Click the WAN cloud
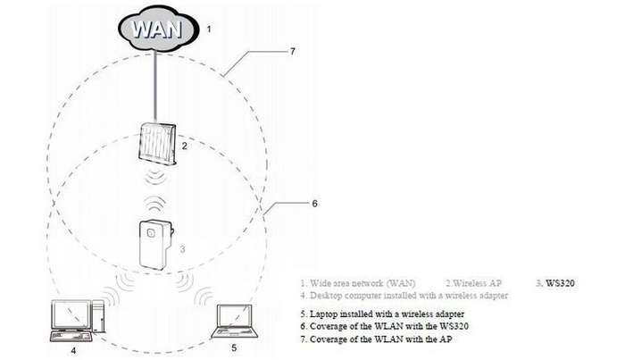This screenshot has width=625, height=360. (158, 29)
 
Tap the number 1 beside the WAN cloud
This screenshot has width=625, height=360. (208, 29)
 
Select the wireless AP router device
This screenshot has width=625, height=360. (157, 144)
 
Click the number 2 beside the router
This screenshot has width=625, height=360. (184, 146)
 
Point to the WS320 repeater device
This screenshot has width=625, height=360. (155, 245)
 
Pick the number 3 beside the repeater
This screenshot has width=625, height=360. (182, 249)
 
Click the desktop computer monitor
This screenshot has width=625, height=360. (71, 315)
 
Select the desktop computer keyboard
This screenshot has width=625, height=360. (71, 337)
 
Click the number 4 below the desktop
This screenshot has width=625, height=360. (73, 351)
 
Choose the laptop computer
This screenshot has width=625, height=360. (235, 322)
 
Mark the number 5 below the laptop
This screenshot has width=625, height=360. (234, 347)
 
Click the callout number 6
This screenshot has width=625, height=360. (315, 204)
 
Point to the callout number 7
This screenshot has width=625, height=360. (293, 52)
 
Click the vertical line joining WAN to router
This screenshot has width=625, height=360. (155, 87)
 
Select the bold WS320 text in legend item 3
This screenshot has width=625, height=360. (560, 283)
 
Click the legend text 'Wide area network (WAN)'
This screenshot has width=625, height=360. (362, 283)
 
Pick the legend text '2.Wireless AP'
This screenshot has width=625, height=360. (473, 283)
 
